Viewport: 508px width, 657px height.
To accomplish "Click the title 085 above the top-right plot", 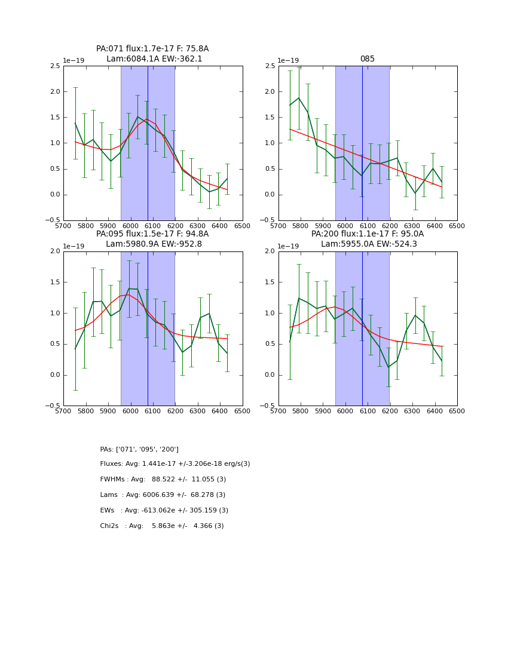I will click(367, 59).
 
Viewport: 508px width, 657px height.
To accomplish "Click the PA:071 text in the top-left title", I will click(109, 49).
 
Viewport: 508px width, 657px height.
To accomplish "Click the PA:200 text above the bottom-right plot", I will click(325, 234).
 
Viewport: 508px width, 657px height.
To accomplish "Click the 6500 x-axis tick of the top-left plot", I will click(243, 226).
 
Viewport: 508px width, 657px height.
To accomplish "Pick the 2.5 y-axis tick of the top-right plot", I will click(271, 66).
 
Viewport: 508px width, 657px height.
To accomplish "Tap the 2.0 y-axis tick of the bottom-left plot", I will click(56, 251).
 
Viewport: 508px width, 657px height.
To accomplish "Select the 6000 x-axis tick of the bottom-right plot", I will click(345, 411).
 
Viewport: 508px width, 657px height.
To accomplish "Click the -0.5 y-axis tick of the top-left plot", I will click(53, 220).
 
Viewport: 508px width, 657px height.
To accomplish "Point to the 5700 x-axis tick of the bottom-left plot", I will click(64, 411).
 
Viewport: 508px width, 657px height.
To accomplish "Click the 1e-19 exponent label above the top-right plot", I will click(288, 61).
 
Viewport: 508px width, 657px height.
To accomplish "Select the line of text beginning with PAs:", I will click(139, 450).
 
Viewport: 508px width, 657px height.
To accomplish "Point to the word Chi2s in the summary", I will click(110, 526).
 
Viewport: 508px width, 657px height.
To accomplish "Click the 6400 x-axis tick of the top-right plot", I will click(434, 226).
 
